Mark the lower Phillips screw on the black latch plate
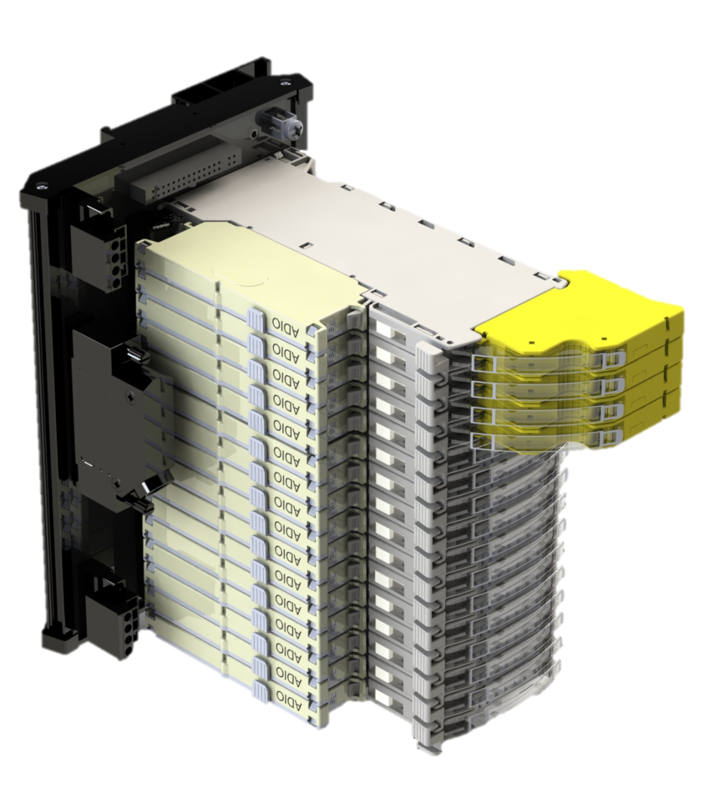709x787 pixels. pyautogui.click(x=118, y=485)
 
